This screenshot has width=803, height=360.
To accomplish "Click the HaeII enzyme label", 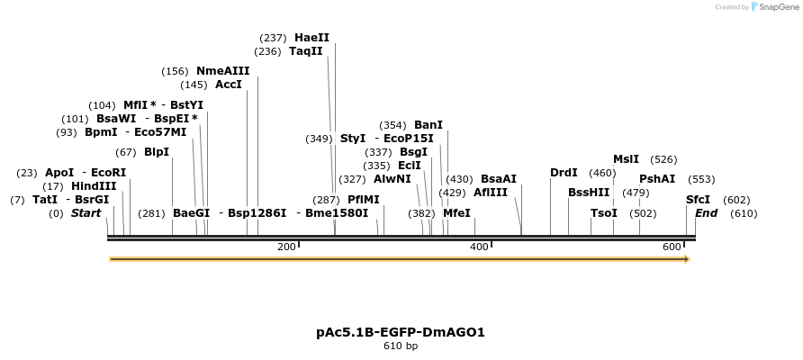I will click(x=311, y=38).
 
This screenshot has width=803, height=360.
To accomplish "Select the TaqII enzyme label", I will click(x=306, y=51).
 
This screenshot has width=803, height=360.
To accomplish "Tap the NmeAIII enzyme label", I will click(x=222, y=71).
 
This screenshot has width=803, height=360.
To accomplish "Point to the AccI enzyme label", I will click(x=228, y=85).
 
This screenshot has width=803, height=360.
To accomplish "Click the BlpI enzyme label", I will click(x=156, y=152).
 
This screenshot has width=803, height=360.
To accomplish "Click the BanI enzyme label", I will click(x=428, y=125).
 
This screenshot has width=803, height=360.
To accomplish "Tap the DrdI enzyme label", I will click(x=564, y=173).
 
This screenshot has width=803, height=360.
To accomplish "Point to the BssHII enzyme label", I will click(x=589, y=193).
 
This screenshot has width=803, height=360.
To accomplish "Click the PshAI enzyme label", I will click(x=657, y=179).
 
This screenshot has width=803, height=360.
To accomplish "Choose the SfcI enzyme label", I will click(x=698, y=200).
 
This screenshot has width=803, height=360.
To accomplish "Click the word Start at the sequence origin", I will click(x=86, y=213).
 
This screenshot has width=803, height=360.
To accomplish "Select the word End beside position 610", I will click(x=706, y=213).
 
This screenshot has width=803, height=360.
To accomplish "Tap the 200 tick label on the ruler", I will click(x=286, y=247).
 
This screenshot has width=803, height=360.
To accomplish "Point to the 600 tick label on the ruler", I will click(x=672, y=247).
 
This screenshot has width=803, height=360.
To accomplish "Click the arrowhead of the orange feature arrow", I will click(x=687, y=259).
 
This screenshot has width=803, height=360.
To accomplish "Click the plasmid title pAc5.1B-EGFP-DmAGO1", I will click(x=401, y=332).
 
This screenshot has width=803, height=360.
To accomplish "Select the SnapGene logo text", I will click(x=777, y=7).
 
